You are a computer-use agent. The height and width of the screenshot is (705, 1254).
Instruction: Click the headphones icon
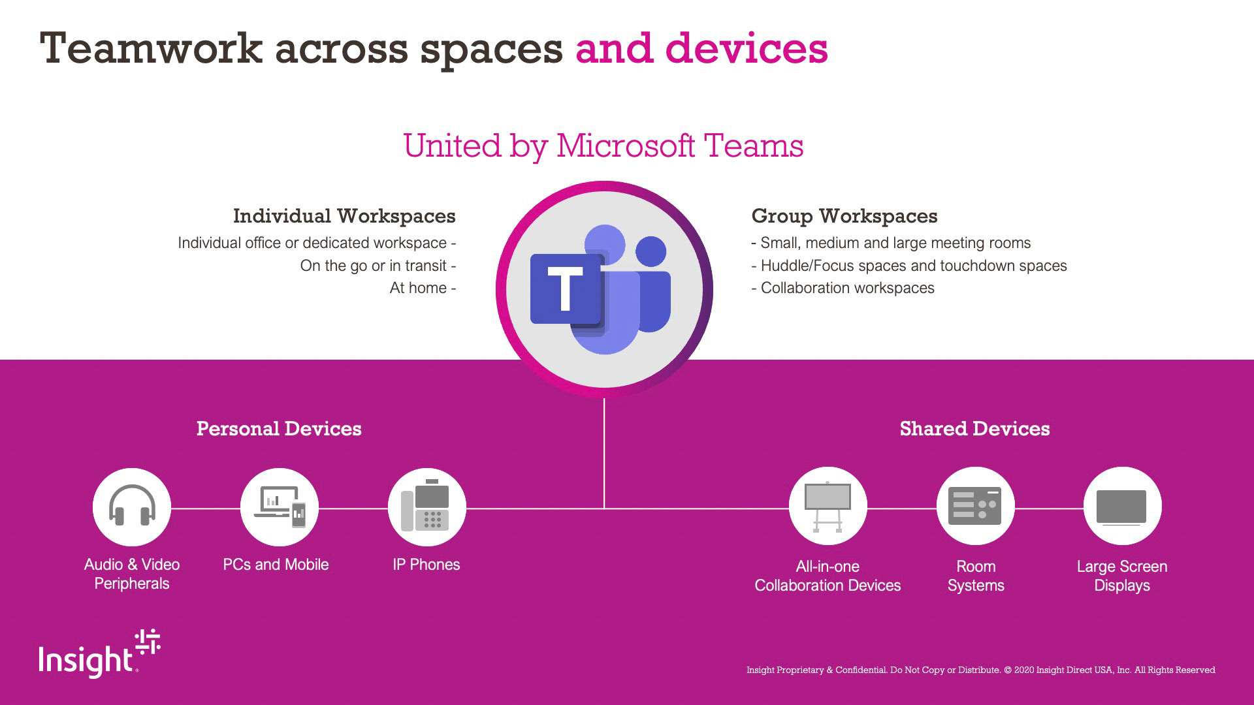(132, 507)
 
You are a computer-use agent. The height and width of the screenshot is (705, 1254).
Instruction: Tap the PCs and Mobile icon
(280, 507)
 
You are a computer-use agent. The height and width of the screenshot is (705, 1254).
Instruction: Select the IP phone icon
(426, 507)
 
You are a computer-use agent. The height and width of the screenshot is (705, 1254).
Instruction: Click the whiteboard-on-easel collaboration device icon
(828, 507)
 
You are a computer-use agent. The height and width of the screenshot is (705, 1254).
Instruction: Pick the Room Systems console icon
(975, 506)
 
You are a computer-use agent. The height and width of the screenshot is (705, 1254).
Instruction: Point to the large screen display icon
(1121, 507)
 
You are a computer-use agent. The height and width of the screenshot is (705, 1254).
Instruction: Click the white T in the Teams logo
(566, 289)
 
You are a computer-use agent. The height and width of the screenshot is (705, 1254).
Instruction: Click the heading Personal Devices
(279, 429)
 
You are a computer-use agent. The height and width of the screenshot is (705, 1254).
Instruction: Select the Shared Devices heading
(974, 429)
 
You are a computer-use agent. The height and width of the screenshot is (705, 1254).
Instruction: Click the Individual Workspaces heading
(344, 216)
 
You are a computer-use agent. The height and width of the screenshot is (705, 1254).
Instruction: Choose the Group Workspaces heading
(844, 216)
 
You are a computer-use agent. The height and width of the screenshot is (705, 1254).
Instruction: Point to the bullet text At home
(419, 288)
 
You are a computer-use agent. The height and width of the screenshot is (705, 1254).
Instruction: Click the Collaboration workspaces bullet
(847, 288)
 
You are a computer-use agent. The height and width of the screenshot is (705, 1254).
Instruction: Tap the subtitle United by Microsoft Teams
(603, 146)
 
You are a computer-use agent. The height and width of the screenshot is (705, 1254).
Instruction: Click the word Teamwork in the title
(151, 49)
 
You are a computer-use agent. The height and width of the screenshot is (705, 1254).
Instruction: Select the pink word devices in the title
(746, 49)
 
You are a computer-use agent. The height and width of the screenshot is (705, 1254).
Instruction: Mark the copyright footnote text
(980, 670)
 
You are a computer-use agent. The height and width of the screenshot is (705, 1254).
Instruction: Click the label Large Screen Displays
(1121, 576)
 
